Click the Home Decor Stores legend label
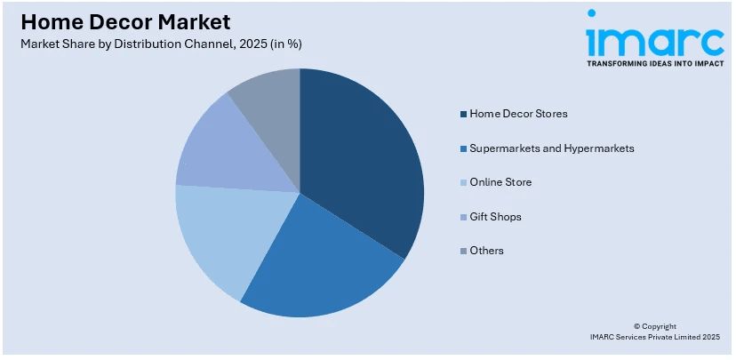(x=518, y=114)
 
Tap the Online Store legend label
(x=500, y=182)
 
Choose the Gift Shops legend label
(x=495, y=217)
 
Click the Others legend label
(x=486, y=251)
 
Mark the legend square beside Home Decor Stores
(x=463, y=114)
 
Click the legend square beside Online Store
(x=463, y=182)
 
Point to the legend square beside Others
(x=463, y=251)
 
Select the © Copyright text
(x=654, y=326)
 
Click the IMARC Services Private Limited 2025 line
(x=654, y=338)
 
